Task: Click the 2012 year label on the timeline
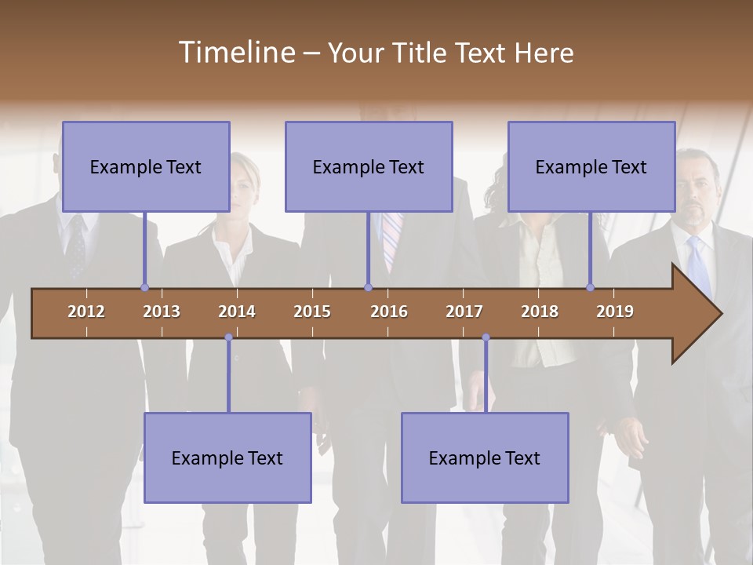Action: [86, 312]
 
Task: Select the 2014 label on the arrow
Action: [237, 312]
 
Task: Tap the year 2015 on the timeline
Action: [312, 312]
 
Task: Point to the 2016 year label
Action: [389, 312]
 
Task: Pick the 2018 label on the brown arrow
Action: [540, 312]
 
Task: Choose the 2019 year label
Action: [615, 312]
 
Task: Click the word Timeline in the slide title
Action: [235, 53]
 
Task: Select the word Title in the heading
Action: [421, 53]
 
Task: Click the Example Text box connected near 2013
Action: [146, 166]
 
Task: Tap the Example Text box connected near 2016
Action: [369, 166]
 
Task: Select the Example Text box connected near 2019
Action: [591, 166]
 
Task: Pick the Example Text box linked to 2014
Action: [227, 457]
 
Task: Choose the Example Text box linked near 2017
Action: [485, 457]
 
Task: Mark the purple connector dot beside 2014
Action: [228, 337]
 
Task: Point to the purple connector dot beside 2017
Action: [486, 337]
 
